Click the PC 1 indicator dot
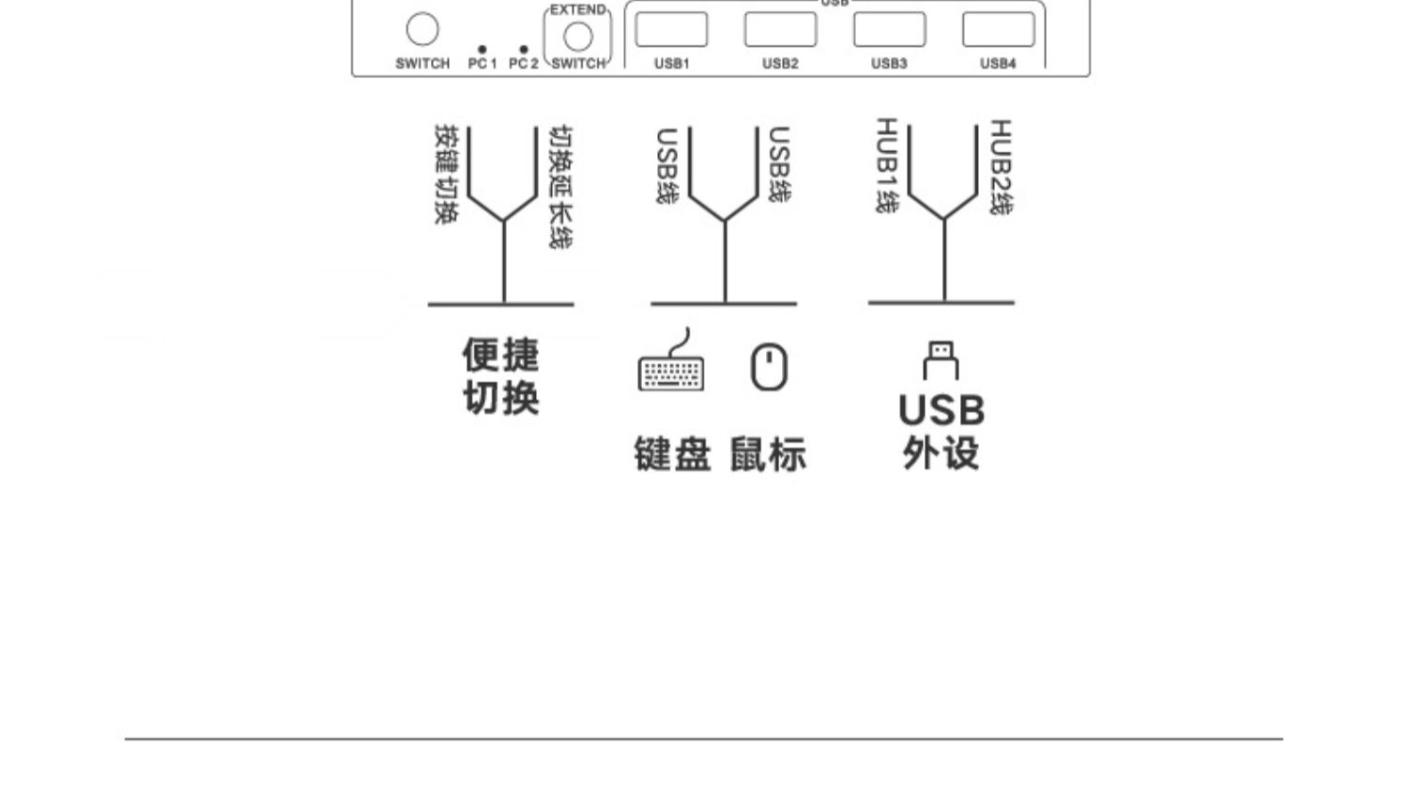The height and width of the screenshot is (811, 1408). [x=482, y=49]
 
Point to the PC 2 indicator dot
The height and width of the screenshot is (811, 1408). [x=524, y=49]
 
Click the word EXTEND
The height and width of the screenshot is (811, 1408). [x=577, y=9]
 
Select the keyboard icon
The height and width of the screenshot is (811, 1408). [x=671, y=360]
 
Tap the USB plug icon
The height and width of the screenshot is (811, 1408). [x=941, y=360]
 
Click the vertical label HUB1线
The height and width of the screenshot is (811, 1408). [x=887, y=165]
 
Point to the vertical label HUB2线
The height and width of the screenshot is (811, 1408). [x=1002, y=167]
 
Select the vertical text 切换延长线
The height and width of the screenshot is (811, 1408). [x=560, y=188]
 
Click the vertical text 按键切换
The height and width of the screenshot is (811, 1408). [x=447, y=175]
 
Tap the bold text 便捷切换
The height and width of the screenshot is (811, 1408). [x=501, y=376]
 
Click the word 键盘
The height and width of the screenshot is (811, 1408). [x=673, y=453]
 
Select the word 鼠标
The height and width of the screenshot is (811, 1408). [x=768, y=453]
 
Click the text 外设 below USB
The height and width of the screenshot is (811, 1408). [x=941, y=452]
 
